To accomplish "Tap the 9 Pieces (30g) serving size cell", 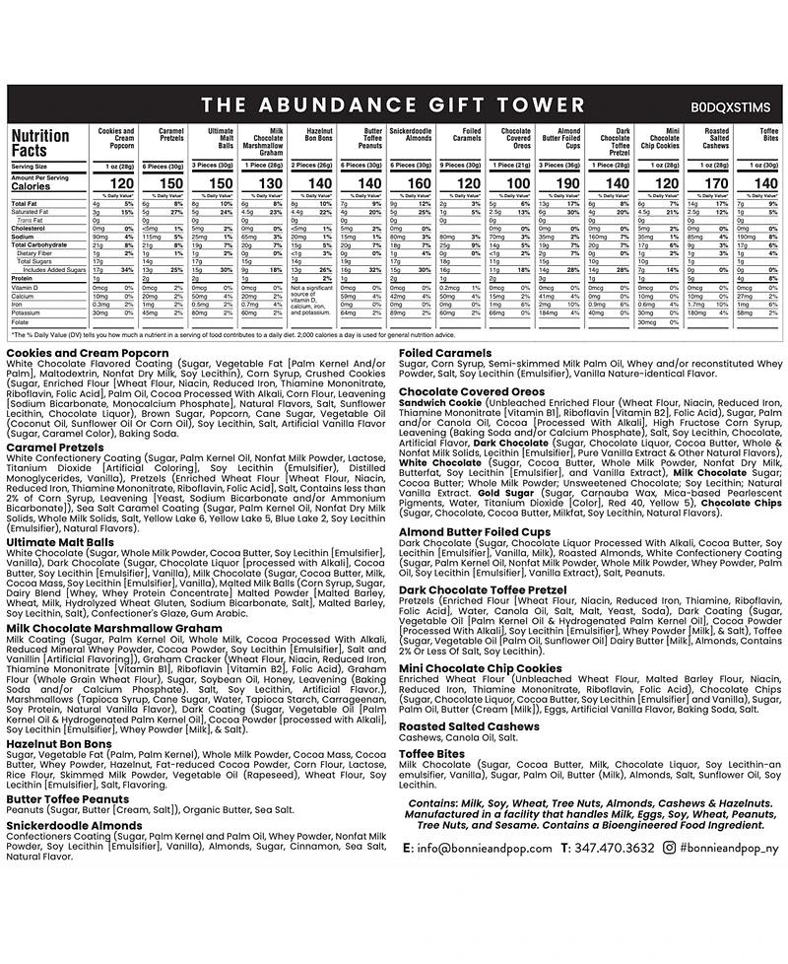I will click(461, 166).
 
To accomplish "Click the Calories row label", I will click(32, 185).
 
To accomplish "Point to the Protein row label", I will click(24, 277).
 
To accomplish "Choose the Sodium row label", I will click(25, 237).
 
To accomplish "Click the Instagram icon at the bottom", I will click(670, 847).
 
